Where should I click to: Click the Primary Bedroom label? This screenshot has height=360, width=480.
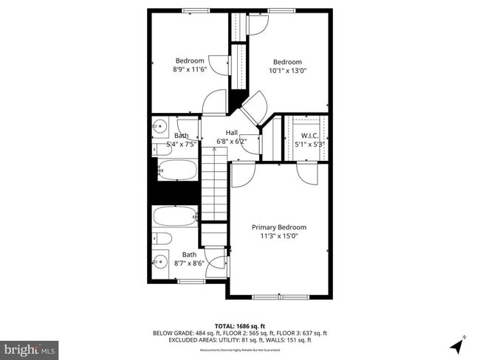[x=278, y=227]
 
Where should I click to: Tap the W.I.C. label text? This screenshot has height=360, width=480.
[x=309, y=135]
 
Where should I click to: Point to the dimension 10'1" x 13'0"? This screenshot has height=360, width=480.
[x=287, y=71]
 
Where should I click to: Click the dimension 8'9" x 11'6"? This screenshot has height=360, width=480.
[x=190, y=69]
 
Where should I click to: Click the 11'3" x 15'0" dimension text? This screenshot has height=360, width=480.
[x=278, y=236]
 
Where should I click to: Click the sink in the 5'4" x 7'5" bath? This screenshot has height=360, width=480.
[x=159, y=128]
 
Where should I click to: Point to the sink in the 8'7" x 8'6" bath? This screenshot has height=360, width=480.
[x=161, y=260]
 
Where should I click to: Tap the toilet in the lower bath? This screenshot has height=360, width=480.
[x=162, y=238]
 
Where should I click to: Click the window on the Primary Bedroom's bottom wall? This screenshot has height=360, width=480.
[x=279, y=297]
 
